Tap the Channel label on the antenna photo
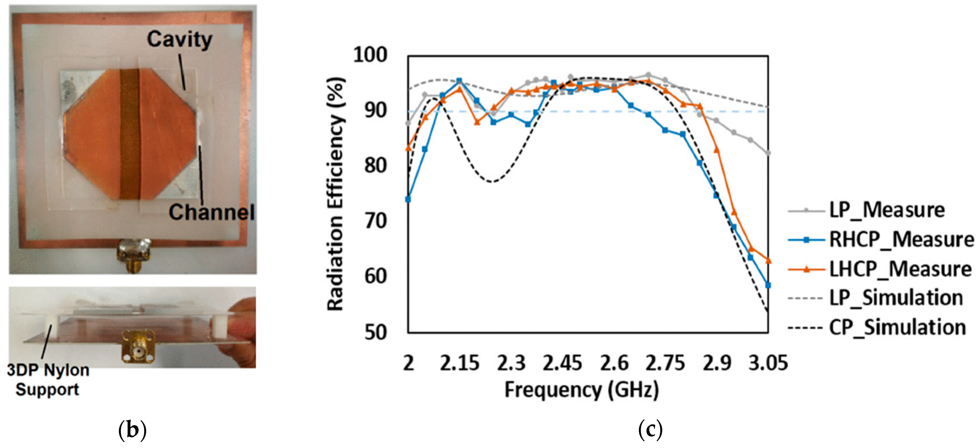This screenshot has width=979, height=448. point(211,212)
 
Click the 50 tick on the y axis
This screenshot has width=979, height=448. point(376,332)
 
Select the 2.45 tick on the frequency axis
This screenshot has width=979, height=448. point(562,363)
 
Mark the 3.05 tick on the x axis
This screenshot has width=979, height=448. point(768,363)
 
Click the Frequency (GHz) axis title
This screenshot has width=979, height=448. point(582,390)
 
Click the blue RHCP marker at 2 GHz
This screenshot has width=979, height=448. point(408,199)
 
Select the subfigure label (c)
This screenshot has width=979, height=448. point(650,430)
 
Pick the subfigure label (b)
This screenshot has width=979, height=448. point(132,430)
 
